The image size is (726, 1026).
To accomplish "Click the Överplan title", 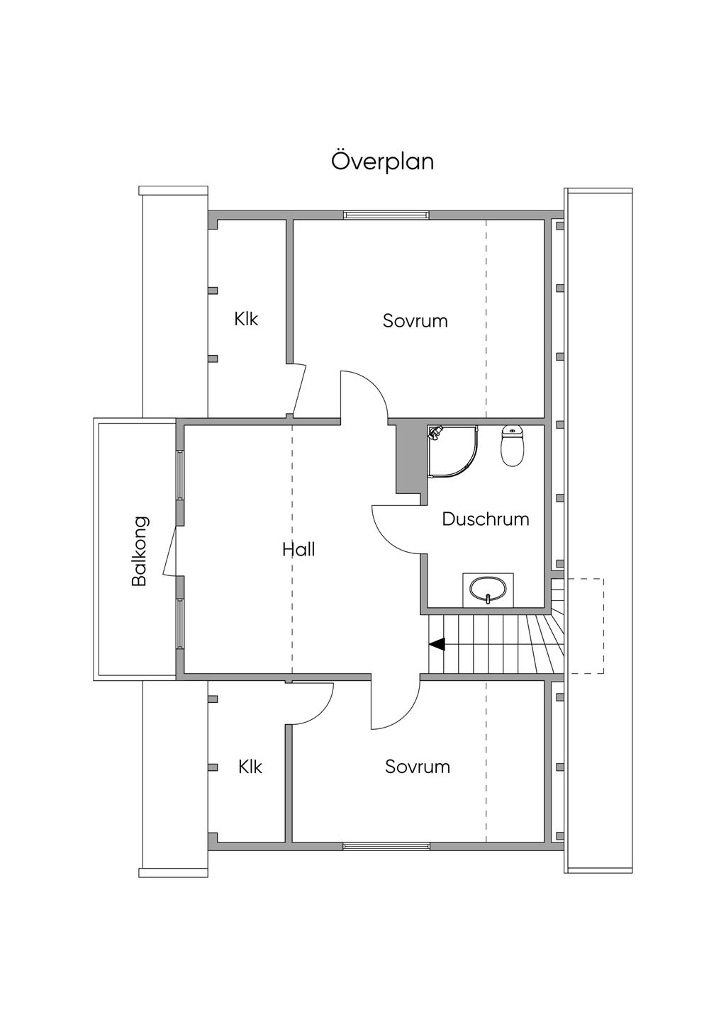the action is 382,162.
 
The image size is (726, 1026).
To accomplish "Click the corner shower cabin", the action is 453,451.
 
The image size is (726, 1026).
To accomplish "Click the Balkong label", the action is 140,551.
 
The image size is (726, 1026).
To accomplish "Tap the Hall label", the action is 298,549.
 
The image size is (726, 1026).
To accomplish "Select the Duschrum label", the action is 486,519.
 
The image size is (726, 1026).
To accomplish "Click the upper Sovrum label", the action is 415,320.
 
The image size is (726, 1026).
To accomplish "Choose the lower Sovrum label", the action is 417,767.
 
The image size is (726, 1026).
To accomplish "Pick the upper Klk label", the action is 246,319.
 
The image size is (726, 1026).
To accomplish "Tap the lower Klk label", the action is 250,767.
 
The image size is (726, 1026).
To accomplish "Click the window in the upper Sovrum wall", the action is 386,215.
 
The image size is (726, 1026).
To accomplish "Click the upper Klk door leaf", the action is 299,389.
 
